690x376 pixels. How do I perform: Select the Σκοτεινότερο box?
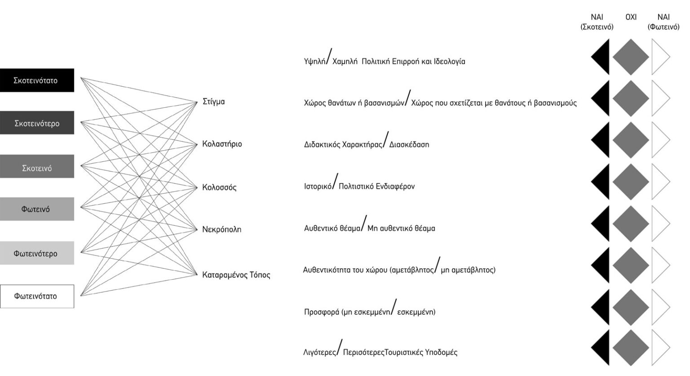[37, 123]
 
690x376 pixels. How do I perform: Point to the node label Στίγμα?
[214, 102]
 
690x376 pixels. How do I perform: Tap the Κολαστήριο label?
[222, 144]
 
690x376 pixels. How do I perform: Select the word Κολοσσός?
[219, 187]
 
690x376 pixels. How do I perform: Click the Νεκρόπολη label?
[221, 229]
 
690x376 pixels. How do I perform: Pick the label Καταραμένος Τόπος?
[236, 274]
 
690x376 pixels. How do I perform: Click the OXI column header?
[631, 18]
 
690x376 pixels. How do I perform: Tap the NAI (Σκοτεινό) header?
[597, 22]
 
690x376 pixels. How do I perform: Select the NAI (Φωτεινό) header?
[663, 22]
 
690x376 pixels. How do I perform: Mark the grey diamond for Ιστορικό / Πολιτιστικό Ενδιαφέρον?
[631, 182]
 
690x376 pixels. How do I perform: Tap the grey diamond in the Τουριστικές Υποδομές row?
[631, 348]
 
